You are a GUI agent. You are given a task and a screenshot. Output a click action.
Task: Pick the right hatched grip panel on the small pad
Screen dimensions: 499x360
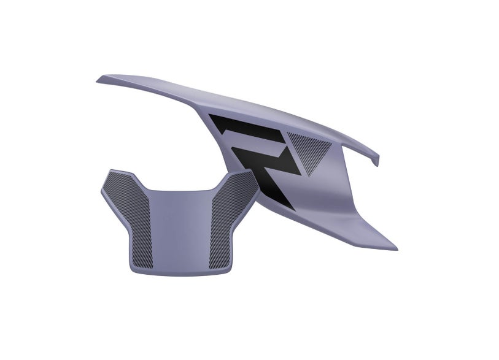coord(231,220)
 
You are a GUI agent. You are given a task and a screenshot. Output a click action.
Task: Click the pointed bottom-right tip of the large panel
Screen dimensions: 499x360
coord(396,249)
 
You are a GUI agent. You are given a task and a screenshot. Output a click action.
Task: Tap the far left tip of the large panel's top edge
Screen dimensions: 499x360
coord(97,82)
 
